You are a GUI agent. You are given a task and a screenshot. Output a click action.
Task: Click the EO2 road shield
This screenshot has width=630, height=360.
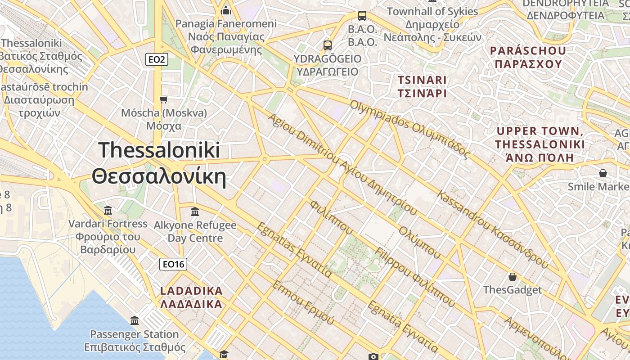(x=157, y=59)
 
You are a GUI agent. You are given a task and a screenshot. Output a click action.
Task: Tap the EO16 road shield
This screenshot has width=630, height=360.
(x=173, y=264)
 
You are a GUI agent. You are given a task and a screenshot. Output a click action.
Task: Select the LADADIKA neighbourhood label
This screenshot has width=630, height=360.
(x=191, y=297)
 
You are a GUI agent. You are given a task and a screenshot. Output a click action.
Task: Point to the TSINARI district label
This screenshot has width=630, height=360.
(x=422, y=87)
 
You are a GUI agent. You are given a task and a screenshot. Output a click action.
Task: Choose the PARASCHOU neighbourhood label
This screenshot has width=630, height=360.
(x=528, y=57)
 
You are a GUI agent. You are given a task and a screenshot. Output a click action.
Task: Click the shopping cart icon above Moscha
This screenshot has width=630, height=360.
(x=163, y=99)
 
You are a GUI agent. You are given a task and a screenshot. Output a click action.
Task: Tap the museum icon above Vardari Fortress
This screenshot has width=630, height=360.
(x=108, y=210)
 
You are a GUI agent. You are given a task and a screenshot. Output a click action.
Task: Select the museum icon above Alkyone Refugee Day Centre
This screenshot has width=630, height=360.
(x=195, y=211)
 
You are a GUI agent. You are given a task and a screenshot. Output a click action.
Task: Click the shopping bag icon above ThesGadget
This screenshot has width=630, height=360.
(x=512, y=276)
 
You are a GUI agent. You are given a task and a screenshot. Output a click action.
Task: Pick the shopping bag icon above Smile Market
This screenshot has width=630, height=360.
(x=603, y=173)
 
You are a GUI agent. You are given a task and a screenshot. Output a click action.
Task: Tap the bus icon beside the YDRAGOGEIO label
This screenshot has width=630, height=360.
(x=328, y=45)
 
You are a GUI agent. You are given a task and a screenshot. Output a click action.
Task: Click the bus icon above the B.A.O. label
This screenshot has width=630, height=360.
(x=362, y=16)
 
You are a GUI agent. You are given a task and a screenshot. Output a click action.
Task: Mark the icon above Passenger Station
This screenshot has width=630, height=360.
(x=135, y=321)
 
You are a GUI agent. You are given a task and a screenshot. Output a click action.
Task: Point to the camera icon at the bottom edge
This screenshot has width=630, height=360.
(x=373, y=356)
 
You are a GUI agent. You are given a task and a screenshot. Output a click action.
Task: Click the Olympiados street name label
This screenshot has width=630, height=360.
(x=410, y=129)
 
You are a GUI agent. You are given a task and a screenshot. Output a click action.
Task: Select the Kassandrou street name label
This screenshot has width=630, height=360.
(x=493, y=229)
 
